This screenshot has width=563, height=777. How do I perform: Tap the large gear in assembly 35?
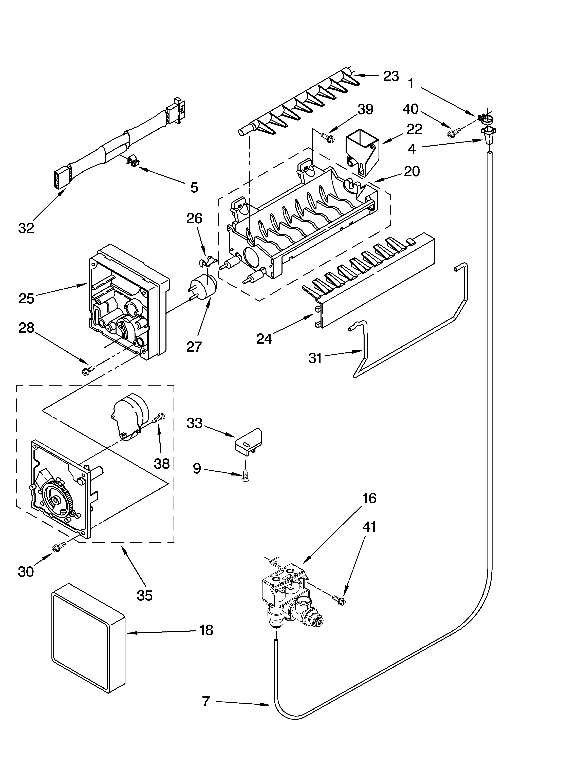[57, 501]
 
